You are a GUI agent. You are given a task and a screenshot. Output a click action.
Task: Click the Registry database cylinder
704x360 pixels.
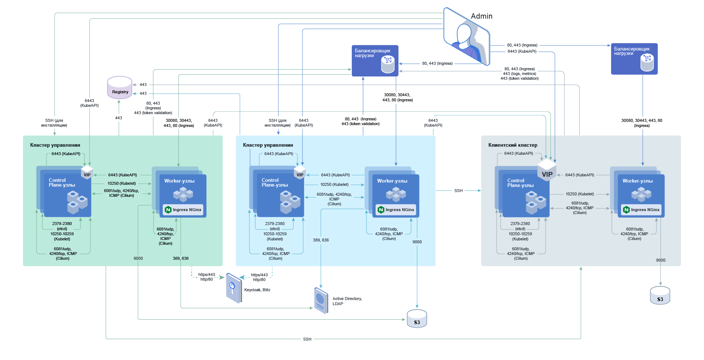[x=120, y=88]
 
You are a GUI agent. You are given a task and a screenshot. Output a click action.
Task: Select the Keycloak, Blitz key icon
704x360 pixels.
[x=233, y=288]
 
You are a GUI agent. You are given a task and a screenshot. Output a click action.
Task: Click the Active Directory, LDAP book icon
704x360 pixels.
[x=321, y=301]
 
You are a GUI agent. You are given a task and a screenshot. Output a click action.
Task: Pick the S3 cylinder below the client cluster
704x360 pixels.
[x=660, y=296]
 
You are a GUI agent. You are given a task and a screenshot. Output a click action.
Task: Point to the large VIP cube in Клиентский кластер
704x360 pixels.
[x=547, y=170]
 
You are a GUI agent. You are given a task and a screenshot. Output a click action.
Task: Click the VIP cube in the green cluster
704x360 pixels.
[x=87, y=172]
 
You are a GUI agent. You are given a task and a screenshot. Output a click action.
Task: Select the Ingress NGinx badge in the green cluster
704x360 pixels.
[x=184, y=210]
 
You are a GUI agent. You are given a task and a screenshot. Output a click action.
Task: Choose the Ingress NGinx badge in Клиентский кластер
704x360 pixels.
[x=641, y=210]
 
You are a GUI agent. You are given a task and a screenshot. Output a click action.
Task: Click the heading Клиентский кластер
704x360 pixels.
[x=513, y=145]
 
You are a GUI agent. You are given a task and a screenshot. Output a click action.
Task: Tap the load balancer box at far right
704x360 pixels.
[x=634, y=59]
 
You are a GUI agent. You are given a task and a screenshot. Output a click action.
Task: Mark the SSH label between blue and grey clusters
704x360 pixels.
[x=458, y=191]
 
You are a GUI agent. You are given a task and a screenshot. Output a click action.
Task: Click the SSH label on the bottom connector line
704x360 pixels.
[x=307, y=339]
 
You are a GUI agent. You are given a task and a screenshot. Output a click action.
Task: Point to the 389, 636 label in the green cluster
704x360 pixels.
[x=181, y=258]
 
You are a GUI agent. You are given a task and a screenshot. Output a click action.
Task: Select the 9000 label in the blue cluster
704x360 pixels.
[x=417, y=242]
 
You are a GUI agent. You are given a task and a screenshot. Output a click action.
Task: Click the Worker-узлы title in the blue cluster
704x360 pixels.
[x=392, y=181]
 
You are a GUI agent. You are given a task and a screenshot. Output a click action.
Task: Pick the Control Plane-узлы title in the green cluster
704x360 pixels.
[x=62, y=183]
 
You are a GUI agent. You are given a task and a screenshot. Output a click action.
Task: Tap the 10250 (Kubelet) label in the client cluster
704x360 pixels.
[x=580, y=194]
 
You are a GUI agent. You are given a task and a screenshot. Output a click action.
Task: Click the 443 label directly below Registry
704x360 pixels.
[x=118, y=118]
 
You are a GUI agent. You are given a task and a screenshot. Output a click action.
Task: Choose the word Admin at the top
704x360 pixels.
[x=481, y=16]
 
